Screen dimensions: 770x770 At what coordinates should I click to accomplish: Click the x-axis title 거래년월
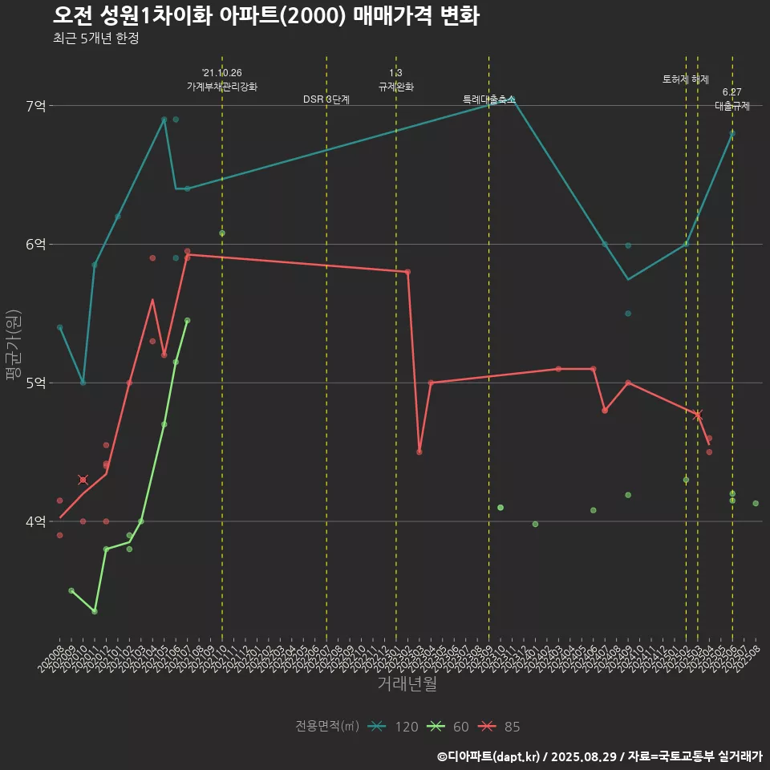407,684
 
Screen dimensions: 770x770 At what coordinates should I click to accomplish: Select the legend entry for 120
393,727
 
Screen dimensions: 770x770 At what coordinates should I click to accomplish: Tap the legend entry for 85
499,727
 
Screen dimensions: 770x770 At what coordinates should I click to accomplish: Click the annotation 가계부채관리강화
222,86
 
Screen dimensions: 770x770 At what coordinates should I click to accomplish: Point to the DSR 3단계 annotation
326,99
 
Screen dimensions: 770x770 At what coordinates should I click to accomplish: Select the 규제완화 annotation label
396,86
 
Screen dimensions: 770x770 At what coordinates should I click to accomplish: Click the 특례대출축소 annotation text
489,99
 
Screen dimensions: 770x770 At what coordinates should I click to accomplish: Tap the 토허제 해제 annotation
686,79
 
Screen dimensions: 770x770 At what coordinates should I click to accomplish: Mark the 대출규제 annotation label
732,106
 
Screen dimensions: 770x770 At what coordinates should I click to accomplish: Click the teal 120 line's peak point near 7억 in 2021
164,120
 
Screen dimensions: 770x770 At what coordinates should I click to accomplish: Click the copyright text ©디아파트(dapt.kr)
489,756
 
